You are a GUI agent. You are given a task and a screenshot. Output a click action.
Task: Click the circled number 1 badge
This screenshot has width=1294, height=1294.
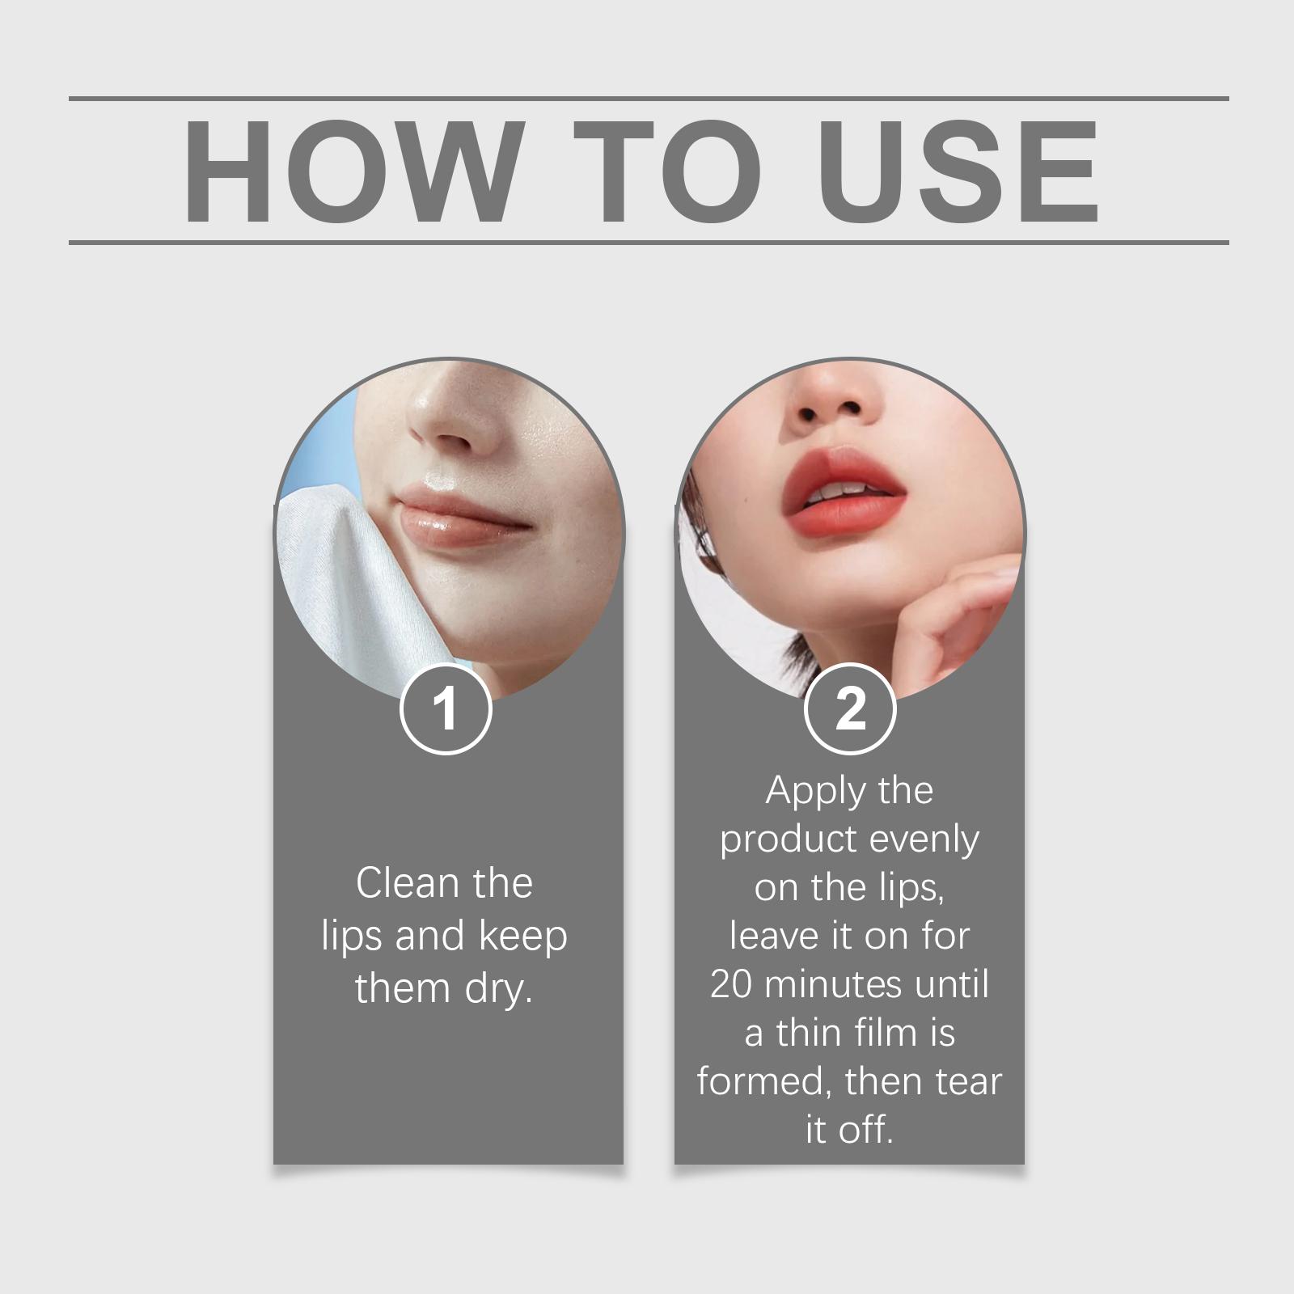[446, 708]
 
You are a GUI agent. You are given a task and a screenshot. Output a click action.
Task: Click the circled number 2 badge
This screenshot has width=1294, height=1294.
[850, 708]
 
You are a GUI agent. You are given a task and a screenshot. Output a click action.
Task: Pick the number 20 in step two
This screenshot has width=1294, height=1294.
[731, 985]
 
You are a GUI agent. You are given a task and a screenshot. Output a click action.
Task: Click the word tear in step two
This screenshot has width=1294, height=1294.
[968, 1082]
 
